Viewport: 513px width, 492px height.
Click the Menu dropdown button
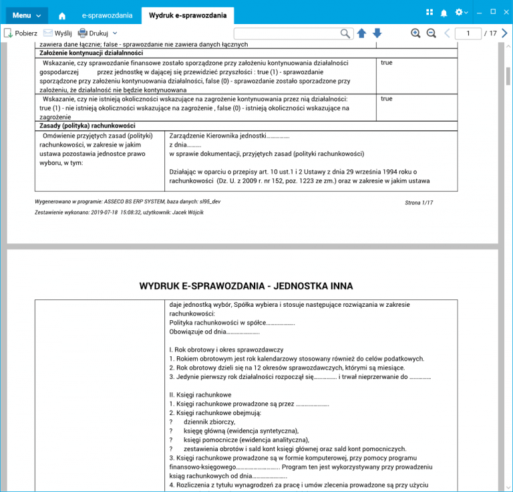(x=27, y=14)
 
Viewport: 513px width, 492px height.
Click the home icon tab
(x=62, y=15)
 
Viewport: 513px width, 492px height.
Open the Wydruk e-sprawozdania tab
(x=188, y=15)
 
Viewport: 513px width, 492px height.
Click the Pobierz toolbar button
(x=21, y=33)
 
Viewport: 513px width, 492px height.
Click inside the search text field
(x=287, y=33)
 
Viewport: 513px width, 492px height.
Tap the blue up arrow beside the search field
(x=361, y=33)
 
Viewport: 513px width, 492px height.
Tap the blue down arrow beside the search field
(x=377, y=33)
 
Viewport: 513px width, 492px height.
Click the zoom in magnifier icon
(x=415, y=33)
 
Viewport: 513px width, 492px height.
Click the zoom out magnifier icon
(x=431, y=33)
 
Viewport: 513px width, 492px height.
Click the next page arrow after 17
(x=504, y=33)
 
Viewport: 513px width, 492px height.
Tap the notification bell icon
(x=444, y=13)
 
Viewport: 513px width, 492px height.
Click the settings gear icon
(x=459, y=13)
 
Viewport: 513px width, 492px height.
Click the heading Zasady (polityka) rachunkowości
(x=88, y=126)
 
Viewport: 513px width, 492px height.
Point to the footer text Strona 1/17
(x=419, y=202)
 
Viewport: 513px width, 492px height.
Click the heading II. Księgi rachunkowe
(x=200, y=394)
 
